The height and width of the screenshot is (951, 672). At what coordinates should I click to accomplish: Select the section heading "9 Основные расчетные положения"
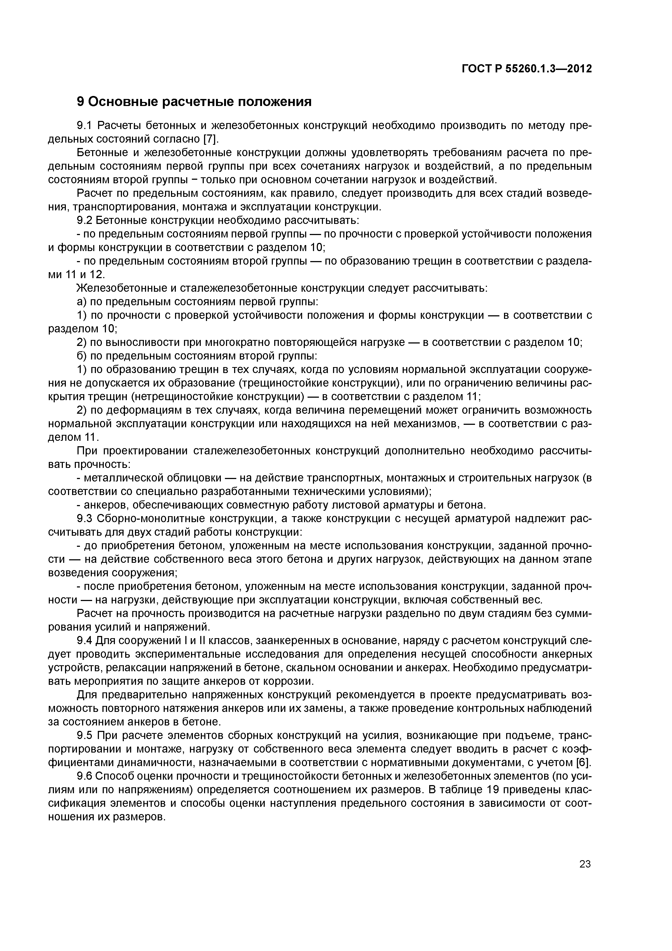[x=194, y=101]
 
